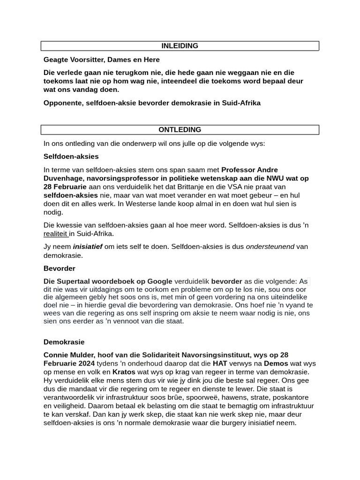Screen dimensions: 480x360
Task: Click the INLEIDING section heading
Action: [x=180, y=46]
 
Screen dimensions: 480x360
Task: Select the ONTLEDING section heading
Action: [x=180, y=130]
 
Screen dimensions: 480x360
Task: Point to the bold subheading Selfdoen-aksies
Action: [x=71, y=156]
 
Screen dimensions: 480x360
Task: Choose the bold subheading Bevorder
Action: [x=59, y=269]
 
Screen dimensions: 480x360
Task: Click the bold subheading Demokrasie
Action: [x=64, y=342]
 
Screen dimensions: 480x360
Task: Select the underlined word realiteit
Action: [x=56, y=233]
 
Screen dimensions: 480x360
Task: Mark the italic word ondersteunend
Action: [x=270, y=247]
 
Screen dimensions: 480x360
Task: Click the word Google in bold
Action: [x=160, y=281]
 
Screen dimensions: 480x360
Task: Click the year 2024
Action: [x=86, y=363]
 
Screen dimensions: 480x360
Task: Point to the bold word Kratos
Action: [x=124, y=372]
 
